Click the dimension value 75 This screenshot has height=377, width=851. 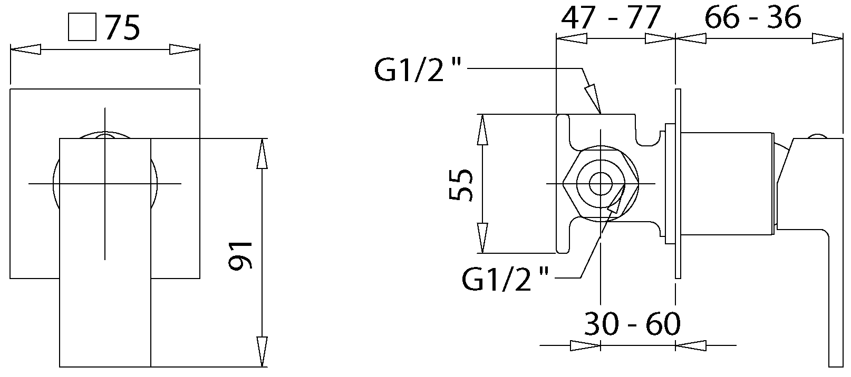tap(122, 27)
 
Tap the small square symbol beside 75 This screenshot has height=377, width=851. tap(82, 27)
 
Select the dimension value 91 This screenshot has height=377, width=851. tap(240, 255)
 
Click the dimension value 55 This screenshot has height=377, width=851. tap(461, 185)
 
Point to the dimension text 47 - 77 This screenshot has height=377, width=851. tap(611, 17)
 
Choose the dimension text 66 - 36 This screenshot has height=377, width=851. tap(753, 17)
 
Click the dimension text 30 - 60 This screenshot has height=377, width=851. tap(632, 324)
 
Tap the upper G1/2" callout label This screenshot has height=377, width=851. tap(418, 70)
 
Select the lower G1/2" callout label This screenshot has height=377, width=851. tap(505, 279)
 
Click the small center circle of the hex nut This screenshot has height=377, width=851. tap(601, 184)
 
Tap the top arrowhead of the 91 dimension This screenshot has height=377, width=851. tap(262, 154)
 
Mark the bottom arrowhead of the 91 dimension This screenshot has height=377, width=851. tap(262, 352)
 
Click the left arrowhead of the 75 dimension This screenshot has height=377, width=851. tap(25, 49)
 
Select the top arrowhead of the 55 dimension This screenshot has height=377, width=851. tap(482, 130)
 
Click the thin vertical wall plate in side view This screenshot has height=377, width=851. tap(678, 184)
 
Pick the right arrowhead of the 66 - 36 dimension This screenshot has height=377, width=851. tap(827, 38)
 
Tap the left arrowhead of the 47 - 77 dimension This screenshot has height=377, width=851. tap(572, 38)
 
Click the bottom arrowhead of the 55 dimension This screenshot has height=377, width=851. tap(482, 238)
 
